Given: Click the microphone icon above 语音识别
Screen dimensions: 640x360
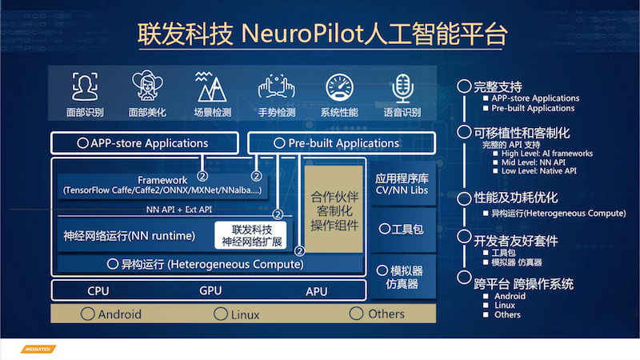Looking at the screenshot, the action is click(x=403, y=88).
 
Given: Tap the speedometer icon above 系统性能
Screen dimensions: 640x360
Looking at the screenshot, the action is click(x=339, y=87).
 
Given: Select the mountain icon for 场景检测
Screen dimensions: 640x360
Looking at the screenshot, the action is click(x=211, y=86).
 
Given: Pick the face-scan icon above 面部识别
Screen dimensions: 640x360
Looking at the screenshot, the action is click(x=85, y=86).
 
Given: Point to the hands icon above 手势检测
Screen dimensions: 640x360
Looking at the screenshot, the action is click(x=276, y=86).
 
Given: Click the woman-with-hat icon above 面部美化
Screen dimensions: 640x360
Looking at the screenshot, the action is click(x=147, y=86).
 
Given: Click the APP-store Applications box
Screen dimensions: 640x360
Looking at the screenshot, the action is click(x=145, y=143).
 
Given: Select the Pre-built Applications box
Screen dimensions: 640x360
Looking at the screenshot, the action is click(x=342, y=143).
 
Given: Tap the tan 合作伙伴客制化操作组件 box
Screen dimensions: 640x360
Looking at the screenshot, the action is click(x=334, y=209).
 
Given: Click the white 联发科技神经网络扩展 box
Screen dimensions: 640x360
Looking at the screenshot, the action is click(x=250, y=235).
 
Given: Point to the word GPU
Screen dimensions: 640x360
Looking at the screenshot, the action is click(x=210, y=290).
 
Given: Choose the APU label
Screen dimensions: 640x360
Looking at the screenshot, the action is click(x=316, y=291).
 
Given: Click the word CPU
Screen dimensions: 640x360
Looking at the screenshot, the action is click(x=98, y=291).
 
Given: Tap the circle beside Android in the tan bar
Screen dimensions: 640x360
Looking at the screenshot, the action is click(x=88, y=314).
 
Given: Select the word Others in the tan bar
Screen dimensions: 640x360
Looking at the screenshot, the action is click(x=386, y=314).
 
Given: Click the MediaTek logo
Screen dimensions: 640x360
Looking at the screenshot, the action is click(x=38, y=349).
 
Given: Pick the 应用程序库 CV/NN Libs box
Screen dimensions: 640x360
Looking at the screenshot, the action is click(x=402, y=184).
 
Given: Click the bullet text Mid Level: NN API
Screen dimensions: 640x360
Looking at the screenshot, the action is click(x=534, y=162).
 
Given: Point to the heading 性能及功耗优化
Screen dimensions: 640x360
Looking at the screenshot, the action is click(x=515, y=198).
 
